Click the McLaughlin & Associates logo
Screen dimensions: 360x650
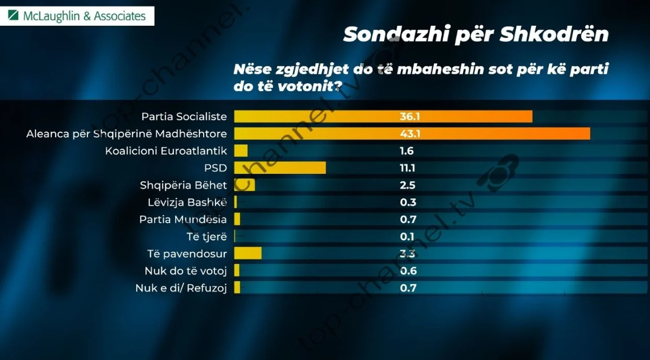[77, 16]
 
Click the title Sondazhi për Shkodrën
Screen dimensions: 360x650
[476, 34]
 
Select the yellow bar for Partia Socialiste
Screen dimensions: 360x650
[383, 117]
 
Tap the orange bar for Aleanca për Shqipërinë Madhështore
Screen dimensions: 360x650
[411, 134]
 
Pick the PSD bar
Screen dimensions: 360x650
[280, 168]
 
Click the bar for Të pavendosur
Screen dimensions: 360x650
[247, 254]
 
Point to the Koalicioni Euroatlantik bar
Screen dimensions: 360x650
[241, 151]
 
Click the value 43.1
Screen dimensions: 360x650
[410, 134]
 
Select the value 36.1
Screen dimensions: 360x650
[410, 117]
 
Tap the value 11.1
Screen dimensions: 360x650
[408, 168]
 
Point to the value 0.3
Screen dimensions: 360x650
[408, 202]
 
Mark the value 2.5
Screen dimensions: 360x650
[408, 185]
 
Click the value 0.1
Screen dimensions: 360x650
[407, 237]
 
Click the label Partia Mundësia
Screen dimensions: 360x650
[183, 220]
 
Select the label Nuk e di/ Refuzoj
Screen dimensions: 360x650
[180, 288]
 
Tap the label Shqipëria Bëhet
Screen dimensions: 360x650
[183, 185]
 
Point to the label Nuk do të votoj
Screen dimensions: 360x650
[186, 271]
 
